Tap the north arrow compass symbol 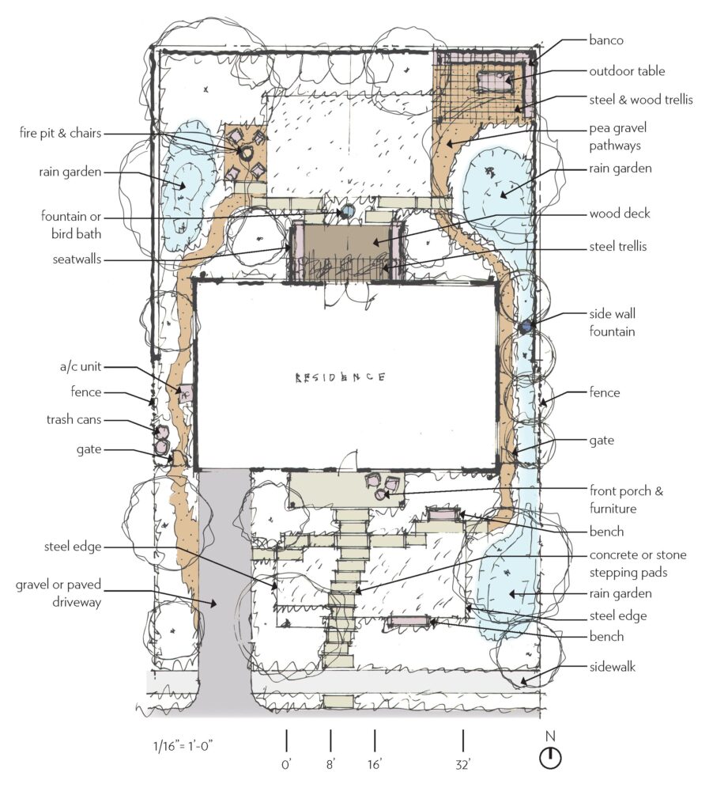point(550,758)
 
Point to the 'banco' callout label point(605,39)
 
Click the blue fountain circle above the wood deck point(346,212)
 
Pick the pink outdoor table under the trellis point(495,79)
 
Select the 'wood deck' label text point(619,214)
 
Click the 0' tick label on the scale point(287,765)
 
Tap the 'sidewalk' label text point(613,667)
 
